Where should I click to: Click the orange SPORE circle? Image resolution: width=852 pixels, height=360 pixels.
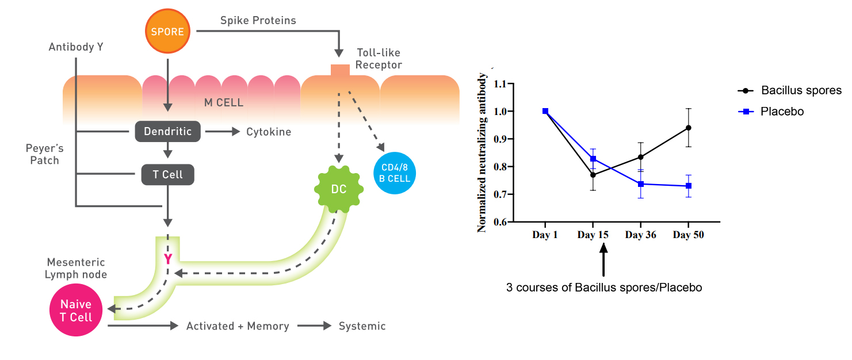pyautogui.click(x=167, y=32)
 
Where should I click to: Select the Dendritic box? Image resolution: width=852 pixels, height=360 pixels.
pyautogui.click(x=167, y=132)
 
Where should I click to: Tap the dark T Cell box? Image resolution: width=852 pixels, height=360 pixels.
pyautogui.click(x=167, y=175)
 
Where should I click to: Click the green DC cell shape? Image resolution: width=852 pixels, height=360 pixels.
pyautogui.click(x=339, y=189)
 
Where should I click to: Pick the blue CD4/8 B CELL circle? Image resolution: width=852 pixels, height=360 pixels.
pyautogui.click(x=395, y=174)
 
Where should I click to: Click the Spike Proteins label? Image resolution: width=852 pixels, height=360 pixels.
pyautogui.click(x=258, y=21)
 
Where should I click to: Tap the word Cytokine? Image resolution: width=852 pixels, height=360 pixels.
pyautogui.click(x=269, y=132)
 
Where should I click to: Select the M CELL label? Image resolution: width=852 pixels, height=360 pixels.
pyautogui.click(x=224, y=103)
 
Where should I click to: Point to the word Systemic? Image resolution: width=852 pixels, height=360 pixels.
pyautogui.click(x=362, y=326)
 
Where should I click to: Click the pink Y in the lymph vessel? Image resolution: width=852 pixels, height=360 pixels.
pyautogui.click(x=167, y=259)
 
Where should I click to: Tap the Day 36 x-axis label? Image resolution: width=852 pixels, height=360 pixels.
pyautogui.click(x=641, y=235)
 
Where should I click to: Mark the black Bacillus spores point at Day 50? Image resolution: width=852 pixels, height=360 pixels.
pyautogui.click(x=689, y=128)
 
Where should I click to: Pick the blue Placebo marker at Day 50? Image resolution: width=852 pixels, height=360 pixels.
pyautogui.click(x=689, y=186)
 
